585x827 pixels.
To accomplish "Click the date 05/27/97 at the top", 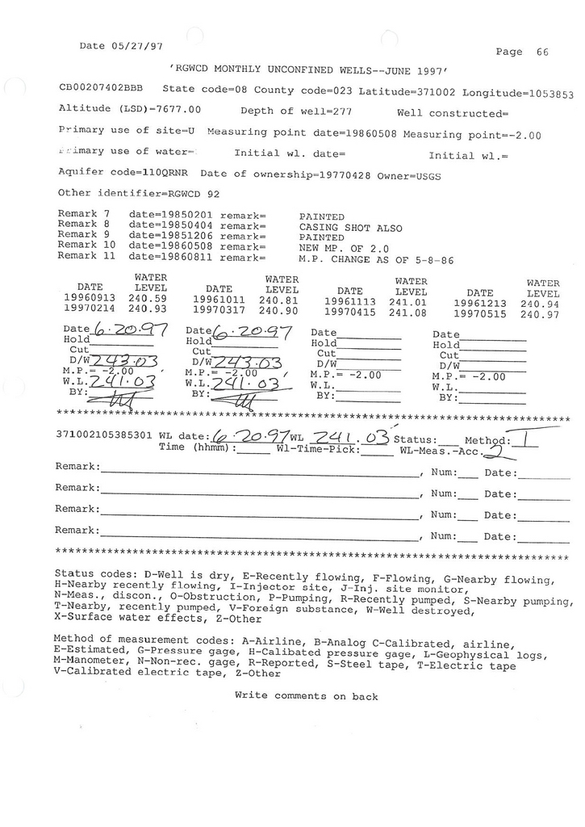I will pyautogui.click(x=139, y=46).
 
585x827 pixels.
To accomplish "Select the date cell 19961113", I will pyautogui.click(x=349, y=301).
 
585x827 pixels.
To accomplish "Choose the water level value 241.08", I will pyautogui.click(x=407, y=312).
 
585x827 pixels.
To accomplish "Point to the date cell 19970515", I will pyautogui.click(x=480, y=314).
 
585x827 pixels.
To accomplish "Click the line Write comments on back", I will pyautogui.click(x=306, y=695).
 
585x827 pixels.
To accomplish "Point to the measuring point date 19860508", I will pyautogui.click(x=367, y=134).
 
